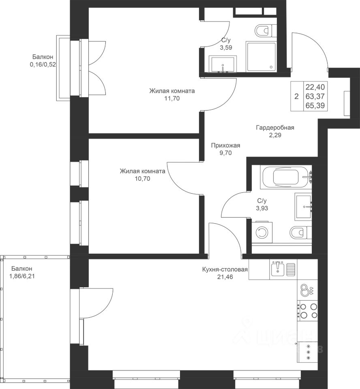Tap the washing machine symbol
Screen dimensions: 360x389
tap(262, 232)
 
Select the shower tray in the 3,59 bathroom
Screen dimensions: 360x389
tap(261, 57)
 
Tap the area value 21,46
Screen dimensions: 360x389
tap(225, 277)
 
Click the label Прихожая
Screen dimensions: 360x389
tap(225, 145)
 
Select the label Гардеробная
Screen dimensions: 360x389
tap(275, 128)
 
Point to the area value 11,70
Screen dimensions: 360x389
tap(172, 98)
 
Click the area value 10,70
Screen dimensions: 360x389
tap(143, 178)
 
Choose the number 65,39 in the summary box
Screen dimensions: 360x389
tap(315, 106)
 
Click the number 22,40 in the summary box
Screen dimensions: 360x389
tap(315, 87)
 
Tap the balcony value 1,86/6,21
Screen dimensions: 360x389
tap(22, 276)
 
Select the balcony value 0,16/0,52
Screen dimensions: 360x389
tap(43, 65)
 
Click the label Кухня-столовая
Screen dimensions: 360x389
tap(225, 269)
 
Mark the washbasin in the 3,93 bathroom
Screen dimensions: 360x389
tap(303, 206)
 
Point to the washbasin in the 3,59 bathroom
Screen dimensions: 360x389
tap(223, 64)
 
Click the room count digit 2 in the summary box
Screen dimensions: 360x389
tap(296, 96)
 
